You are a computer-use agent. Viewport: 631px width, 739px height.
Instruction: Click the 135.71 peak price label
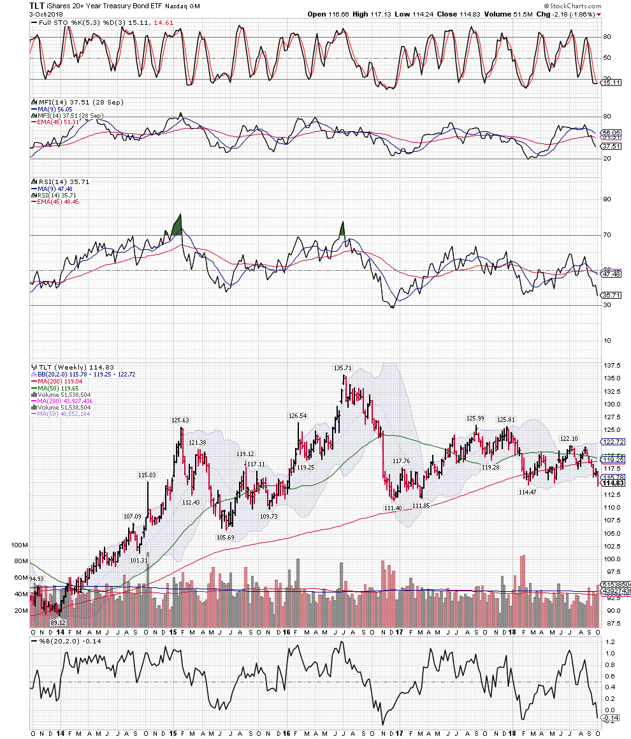(342, 368)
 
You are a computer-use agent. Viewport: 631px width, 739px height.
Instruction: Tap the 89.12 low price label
(59, 622)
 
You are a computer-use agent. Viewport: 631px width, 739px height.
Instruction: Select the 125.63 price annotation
(180, 420)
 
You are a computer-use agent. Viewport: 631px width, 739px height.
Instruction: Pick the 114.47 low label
(528, 492)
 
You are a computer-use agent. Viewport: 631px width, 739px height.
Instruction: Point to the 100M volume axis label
(20, 546)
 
